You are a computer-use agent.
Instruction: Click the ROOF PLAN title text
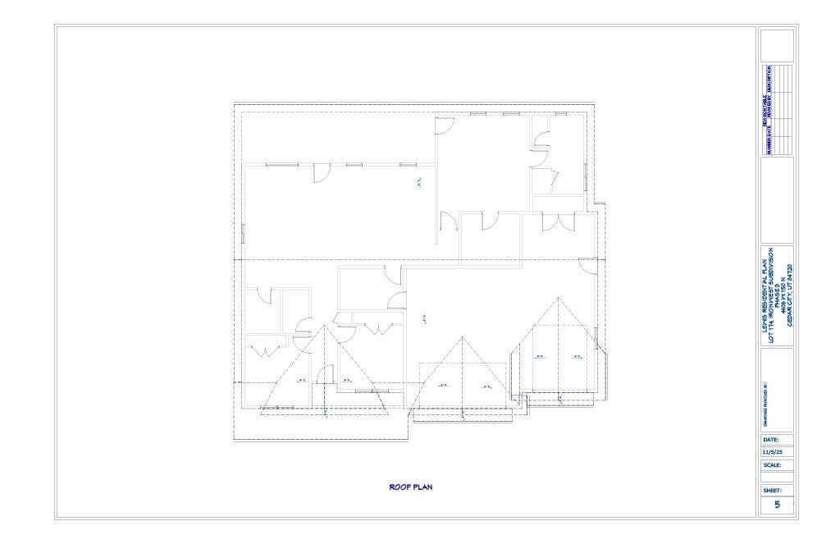pyautogui.click(x=410, y=487)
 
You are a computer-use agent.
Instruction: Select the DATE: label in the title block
pyautogui.click(x=770, y=439)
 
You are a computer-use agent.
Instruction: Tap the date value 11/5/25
pyautogui.click(x=773, y=451)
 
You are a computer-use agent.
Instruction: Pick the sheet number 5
pyautogui.click(x=777, y=505)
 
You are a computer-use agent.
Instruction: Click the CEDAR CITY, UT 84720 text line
pyautogui.click(x=790, y=295)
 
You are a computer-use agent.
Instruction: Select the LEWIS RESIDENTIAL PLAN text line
pyautogui.click(x=764, y=295)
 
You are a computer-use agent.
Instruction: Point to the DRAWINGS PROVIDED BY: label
pyautogui.click(x=765, y=403)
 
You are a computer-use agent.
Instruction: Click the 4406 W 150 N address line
pyautogui.click(x=783, y=295)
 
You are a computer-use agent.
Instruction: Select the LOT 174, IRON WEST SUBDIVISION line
pyautogui.click(x=770, y=295)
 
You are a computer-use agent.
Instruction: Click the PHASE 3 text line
pyautogui.click(x=777, y=295)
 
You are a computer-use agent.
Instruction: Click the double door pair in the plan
pyautogui.click(x=558, y=222)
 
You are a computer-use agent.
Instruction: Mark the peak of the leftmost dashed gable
pyautogui.click(x=325, y=326)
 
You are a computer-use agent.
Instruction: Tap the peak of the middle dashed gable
pyautogui.click(x=463, y=336)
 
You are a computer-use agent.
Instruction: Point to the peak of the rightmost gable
pyautogui.click(x=558, y=297)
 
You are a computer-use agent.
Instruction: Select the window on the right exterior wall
pyautogui.click(x=584, y=175)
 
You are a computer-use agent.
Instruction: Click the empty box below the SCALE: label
pyautogui.click(x=777, y=477)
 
